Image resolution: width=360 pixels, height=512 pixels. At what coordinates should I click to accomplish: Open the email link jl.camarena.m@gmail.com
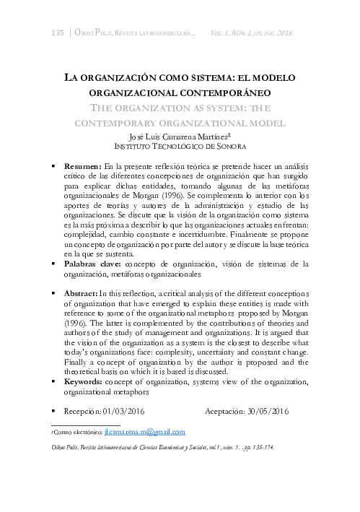(144, 432)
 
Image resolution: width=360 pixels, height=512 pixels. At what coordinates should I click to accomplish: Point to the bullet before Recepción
(53, 411)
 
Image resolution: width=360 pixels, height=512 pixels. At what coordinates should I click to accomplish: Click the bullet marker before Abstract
(53, 293)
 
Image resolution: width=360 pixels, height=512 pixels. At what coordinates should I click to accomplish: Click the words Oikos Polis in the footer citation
(63, 448)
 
